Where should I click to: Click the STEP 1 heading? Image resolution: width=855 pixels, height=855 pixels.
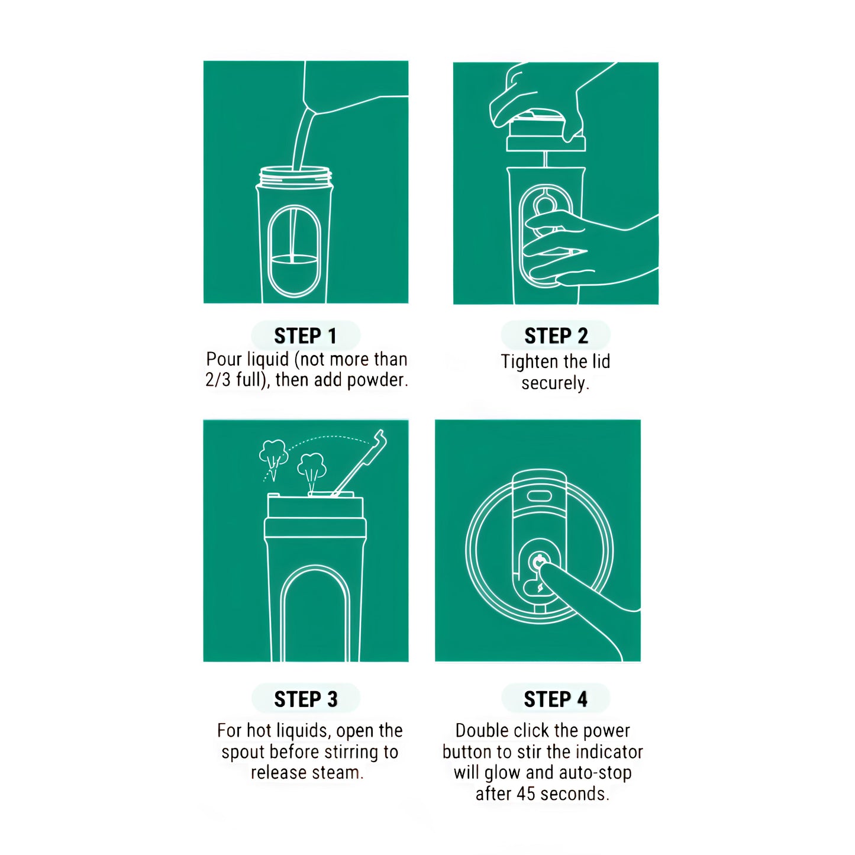point(305,336)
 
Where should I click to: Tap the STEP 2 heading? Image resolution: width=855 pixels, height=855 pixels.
point(556,336)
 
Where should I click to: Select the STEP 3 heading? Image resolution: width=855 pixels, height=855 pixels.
point(306,699)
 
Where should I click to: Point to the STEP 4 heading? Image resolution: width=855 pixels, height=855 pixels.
point(556,699)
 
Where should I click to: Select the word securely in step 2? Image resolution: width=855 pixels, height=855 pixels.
point(554,383)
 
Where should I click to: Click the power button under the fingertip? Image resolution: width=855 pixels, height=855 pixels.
point(540,562)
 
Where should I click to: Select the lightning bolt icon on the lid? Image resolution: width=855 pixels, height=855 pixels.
point(540,589)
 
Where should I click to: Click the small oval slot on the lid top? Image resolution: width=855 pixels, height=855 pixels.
point(539,496)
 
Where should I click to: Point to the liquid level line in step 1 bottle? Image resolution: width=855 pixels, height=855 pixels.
point(293,256)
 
